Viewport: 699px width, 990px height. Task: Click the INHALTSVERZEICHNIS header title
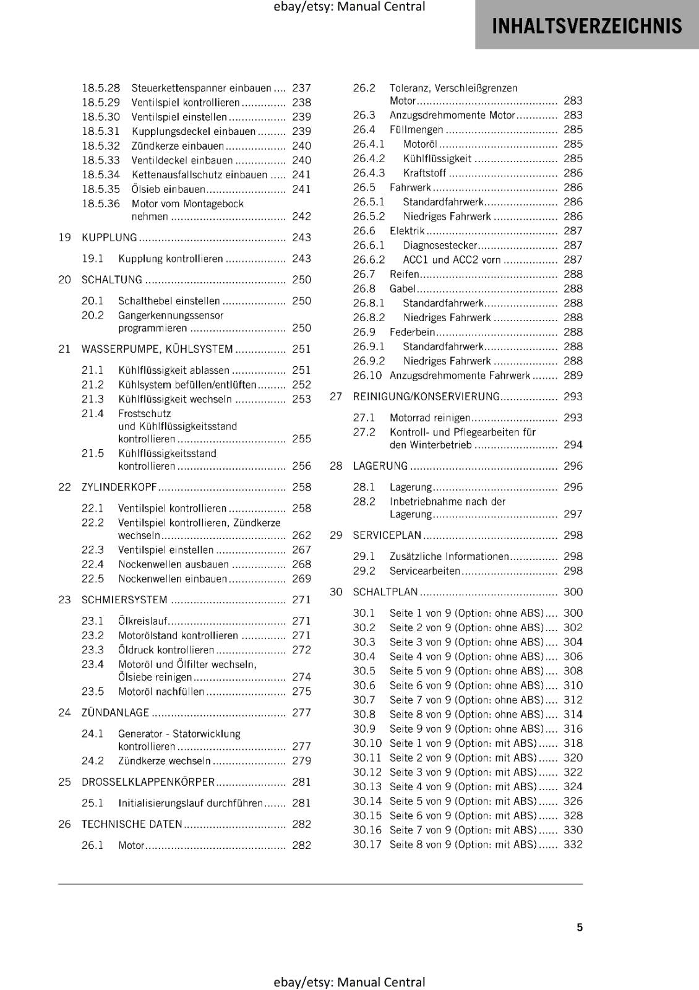(x=586, y=26)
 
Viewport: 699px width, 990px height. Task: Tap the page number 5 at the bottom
(x=580, y=927)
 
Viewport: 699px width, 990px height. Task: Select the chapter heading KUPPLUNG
(x=109, y=238)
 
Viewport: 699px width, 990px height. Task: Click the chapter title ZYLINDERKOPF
(x=119, y=488)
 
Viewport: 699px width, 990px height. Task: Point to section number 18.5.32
(x=101, y=146)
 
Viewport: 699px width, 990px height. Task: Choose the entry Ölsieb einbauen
(x=168, y=189)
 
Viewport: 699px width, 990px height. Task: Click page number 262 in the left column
(x=301, y=535)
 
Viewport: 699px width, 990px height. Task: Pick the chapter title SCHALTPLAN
(x=385, y=592)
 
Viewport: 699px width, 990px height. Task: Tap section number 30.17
(x=367, y=845)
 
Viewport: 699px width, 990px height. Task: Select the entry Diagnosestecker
(x=440, y=246)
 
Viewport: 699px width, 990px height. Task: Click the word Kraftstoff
(x=424, y=173)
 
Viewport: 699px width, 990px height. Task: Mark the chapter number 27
(x=336, y=397)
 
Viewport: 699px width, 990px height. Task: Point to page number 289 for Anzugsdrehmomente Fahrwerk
(x=573, y=376)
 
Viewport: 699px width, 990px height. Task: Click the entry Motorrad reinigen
(x=430, y=418)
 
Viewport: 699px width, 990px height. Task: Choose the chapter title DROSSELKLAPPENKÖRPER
(x=148, y=782)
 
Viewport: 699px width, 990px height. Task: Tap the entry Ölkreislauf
(x=142, y=621)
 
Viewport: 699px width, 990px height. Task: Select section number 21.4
(x=93, y=413)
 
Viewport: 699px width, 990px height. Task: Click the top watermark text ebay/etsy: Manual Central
(x=349, y=7)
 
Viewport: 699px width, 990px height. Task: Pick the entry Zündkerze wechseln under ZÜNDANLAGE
(x=165, y=761)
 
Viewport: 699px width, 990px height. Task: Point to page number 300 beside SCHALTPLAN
(x=573, y=592)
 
